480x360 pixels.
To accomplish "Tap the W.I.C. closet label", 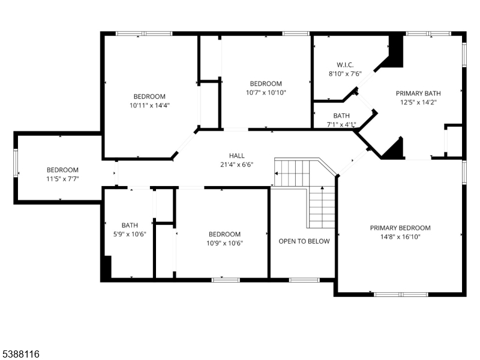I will (x=345, y=64).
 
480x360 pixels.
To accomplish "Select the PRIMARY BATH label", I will (x=418, y=93).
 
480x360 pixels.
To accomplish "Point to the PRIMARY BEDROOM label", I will (x=400, y=227).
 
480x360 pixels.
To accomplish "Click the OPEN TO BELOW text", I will (x=304, y=241).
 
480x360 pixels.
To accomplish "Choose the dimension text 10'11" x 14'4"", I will (x=149, y=105).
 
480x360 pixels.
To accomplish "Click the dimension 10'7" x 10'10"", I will (x=266, y=92).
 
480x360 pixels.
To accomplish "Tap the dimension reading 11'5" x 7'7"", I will (x=63, y=179).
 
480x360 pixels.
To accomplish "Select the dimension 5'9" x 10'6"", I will (x=130, y=234).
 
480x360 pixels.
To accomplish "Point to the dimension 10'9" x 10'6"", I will (x=224, y=243).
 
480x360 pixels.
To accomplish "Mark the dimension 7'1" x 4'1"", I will (x=341, y=125).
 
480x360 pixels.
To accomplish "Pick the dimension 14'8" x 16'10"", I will (x=400, y=236).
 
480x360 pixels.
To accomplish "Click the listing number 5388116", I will (x=20, y=355).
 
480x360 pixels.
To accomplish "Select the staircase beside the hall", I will (x=306, y=186).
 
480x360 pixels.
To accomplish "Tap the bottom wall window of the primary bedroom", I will (x=401, y=294).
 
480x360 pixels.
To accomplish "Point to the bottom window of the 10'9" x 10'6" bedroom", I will (x=226, y=280).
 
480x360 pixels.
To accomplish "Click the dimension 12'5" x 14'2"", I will (x=418, y=102).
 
